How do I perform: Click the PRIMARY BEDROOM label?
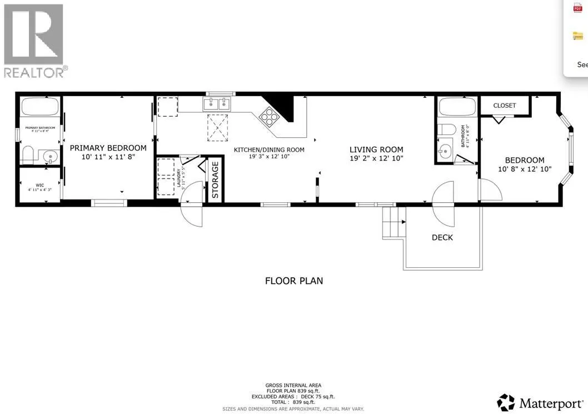pyautogui.click(x=108, y=148)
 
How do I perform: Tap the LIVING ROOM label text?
pyautogui.click(x=376, y=149)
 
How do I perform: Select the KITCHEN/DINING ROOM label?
pyautogui.click(x=269, y=149)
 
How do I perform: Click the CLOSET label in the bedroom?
pyautogui.click(x=505, y=106)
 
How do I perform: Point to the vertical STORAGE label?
pyautogui.click(x=216, y=179)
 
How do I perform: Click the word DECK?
pyautogui.click(x=442, y=237)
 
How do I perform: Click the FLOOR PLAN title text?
pyautogui.click(x=294, y=281)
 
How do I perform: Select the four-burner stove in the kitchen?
pyautogui.click(x=270, y=117)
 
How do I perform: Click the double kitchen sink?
pyautogui.click(x=217, y=104)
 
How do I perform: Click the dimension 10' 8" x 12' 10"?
pyautogui.click(x=524, y=169)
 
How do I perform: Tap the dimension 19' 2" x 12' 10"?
pyautogui.click(x=376, y=158)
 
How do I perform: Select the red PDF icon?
pyautogui.click(x=577, y=8)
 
